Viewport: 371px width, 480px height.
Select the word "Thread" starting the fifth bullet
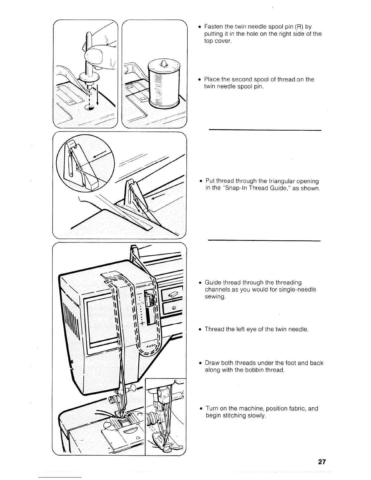[x=214, y=329]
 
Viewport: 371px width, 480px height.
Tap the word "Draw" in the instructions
[x=212, y=363]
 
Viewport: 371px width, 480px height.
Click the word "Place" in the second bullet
[x=212, y=79]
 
